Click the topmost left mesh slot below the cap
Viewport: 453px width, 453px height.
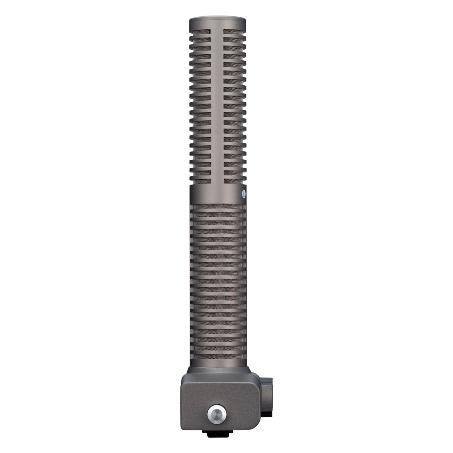tap(202, 32)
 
